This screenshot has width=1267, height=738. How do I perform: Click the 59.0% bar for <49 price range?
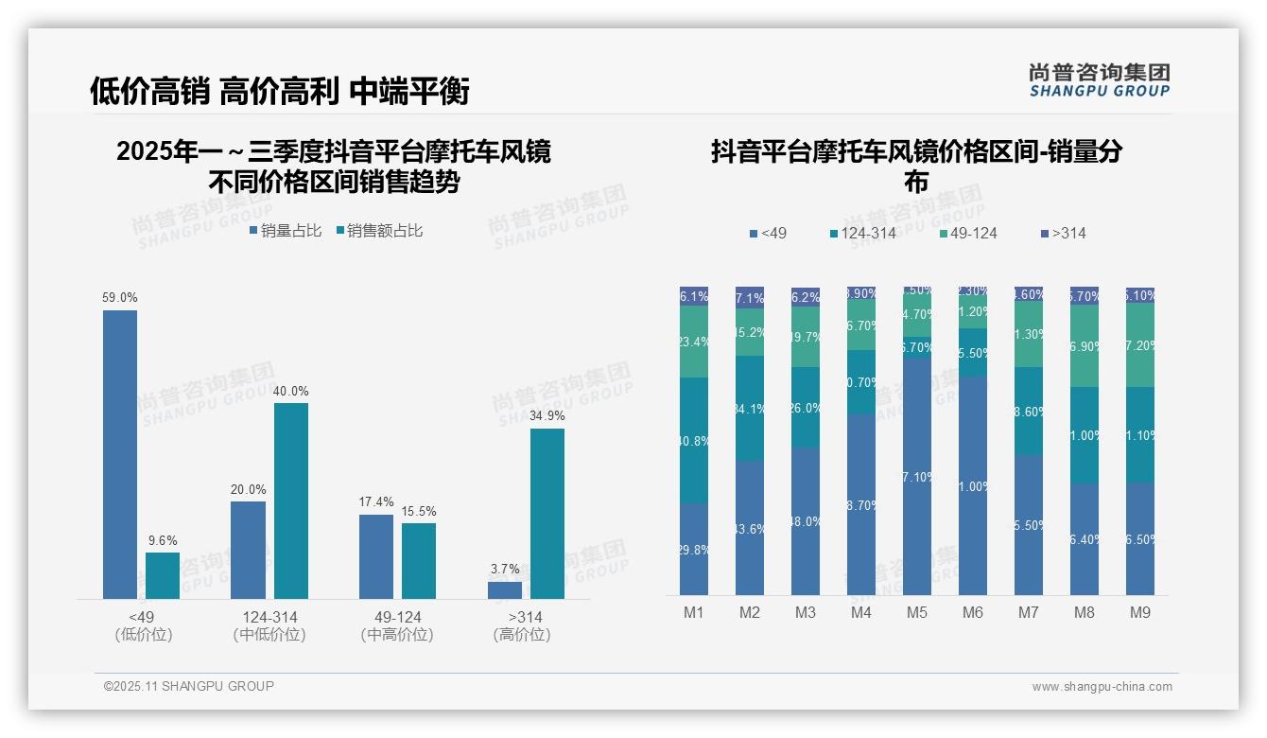120,454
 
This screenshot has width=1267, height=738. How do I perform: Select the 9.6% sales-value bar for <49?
163,575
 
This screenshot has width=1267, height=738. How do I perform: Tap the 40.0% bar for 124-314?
291,501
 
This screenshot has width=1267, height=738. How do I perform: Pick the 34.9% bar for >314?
547,514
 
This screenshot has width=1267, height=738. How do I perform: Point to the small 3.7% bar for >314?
505,590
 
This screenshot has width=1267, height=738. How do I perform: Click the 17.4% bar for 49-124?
376,556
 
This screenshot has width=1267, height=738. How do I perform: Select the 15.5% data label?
419,512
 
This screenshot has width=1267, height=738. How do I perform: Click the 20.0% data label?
249,490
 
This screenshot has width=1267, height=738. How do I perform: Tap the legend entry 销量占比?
286,231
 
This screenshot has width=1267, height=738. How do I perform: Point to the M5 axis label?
916,613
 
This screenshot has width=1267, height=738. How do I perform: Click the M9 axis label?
1140,613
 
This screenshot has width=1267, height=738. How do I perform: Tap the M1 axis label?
693,613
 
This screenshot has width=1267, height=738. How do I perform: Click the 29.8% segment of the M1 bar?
693,550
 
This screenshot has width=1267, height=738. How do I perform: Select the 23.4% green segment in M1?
693,342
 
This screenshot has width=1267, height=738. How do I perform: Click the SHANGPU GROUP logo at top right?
1099,80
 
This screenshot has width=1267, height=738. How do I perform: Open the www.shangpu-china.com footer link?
1102,687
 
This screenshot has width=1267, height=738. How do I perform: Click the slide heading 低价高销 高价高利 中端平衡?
280,91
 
